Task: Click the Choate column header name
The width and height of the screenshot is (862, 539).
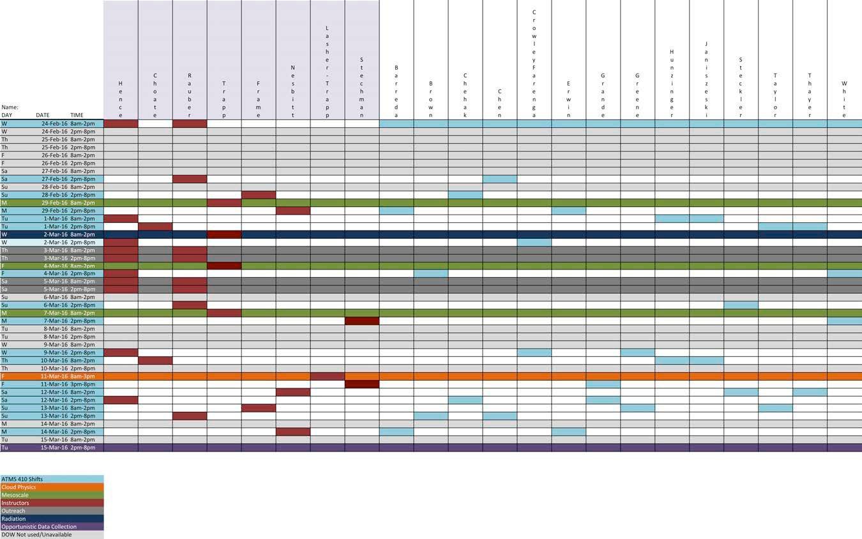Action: [x=155, y=95]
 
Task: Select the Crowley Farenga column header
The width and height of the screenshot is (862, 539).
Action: [x=534, y=64]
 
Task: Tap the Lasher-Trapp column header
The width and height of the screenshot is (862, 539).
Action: [x=328, y=72]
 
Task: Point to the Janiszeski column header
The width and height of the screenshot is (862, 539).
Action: [x=706, y=80]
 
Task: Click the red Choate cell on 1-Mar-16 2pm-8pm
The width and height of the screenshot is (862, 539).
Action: [x=155, y=227]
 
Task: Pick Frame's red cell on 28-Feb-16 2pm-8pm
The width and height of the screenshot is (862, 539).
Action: [x=259, y=195]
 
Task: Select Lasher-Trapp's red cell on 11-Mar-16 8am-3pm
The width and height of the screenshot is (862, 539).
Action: [x=328, y=376]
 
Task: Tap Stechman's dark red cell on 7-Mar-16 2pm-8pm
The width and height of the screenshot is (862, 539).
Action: [x=362, y=321]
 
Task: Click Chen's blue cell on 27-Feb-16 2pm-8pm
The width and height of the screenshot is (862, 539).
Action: [x=500, y=179]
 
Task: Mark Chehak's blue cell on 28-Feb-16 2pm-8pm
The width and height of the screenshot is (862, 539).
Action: [x=465, y=195]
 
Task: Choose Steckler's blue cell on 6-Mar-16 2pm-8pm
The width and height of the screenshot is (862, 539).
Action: [x=741, y=305]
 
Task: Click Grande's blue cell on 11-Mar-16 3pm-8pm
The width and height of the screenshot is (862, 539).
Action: [x=603, y=384]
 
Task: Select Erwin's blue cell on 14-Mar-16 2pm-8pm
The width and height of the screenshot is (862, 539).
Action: [x=569, y=432]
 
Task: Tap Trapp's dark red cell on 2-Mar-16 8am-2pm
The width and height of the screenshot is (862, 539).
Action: [x=224, y=234]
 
